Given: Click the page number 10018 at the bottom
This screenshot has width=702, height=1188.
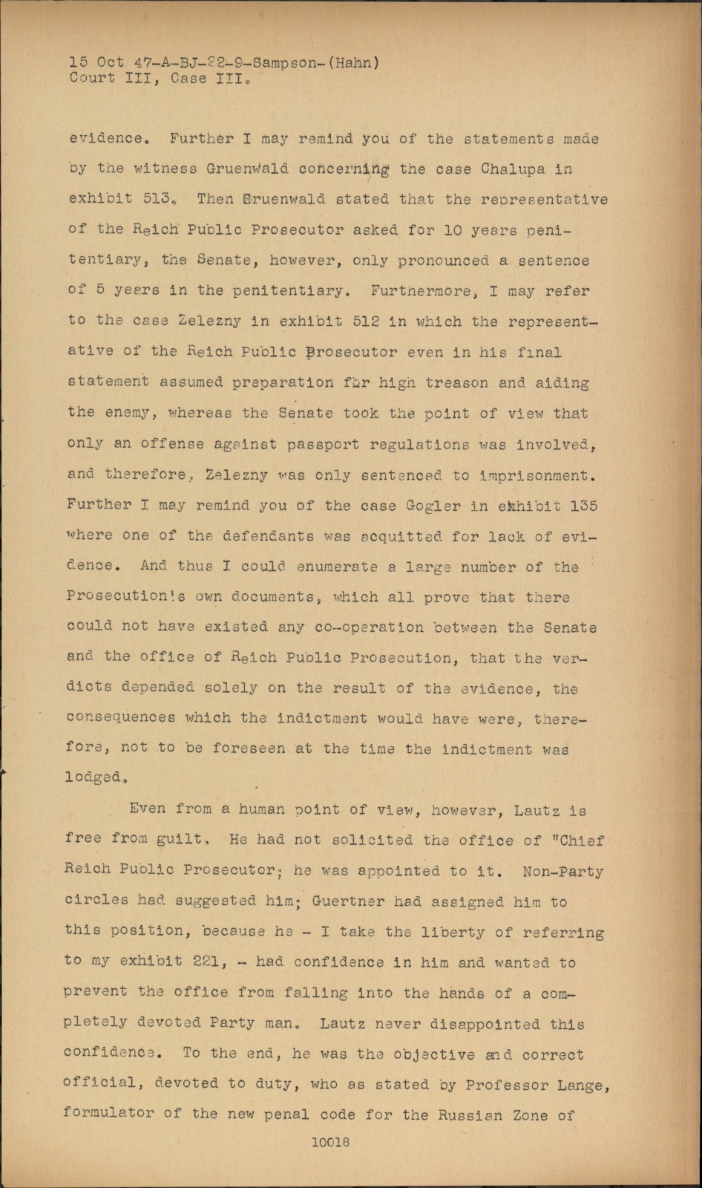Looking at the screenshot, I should (330, 1143).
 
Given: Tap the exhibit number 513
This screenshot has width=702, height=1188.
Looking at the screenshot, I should (157, 199).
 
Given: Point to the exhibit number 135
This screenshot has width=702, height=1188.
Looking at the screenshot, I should (583, 506).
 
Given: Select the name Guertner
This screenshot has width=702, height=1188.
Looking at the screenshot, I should (347, 901).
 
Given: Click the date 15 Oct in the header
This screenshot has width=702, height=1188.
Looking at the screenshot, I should (96, 63).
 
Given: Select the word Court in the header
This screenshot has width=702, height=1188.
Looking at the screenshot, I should (93, 79).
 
